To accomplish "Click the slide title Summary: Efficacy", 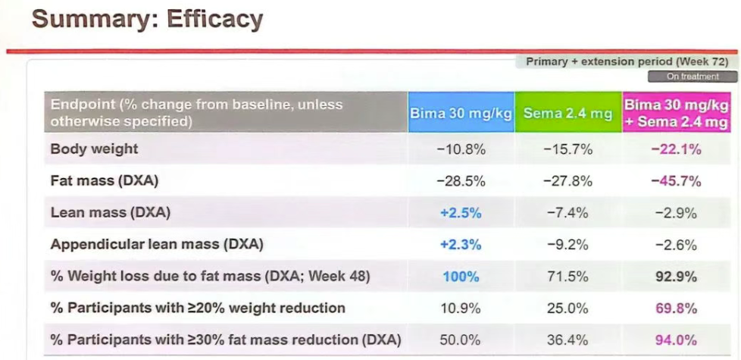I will coord(148,19).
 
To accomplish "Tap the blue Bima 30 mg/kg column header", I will coord(461,114).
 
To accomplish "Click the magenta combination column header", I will coord(676,113).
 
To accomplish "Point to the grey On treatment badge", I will coord(693,77).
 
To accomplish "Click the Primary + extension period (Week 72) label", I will coord(627,61).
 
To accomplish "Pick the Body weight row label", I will coord(94,149).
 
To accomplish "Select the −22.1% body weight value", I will coord(676,149).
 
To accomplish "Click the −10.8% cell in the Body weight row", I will coord(461,149).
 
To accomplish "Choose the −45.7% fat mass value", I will coord(676,181).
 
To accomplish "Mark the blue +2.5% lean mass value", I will coord(461,213).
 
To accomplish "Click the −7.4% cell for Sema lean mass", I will coord(567,213).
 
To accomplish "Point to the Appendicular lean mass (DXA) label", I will coord(157,245).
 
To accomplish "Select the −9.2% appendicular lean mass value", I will coord(567,245).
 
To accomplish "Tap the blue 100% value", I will coord(461,277).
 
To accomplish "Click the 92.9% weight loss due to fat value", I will coord(676,277).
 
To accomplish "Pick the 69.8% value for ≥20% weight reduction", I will coord(676,308).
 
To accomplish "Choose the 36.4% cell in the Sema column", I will coord(567,340).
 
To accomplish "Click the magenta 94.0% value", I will coord(676,340).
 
